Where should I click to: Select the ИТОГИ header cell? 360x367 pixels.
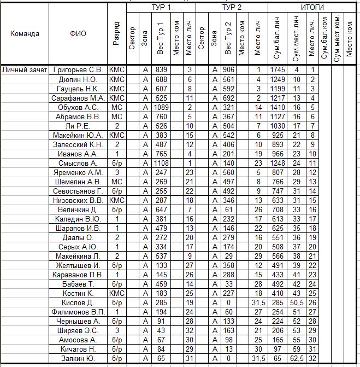tap(313, 7)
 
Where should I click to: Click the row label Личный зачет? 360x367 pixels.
tap(25, 70)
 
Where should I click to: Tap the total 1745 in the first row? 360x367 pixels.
tap(278, 70)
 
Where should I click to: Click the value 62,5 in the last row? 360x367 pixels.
tap(296, 358)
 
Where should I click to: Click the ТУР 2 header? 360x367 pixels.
tap(232, 7)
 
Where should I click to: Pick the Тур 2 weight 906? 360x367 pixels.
tap(229, 70)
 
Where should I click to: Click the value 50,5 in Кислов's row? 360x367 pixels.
tap(296, 302)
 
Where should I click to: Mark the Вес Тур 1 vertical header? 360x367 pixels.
tap(161, 38)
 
